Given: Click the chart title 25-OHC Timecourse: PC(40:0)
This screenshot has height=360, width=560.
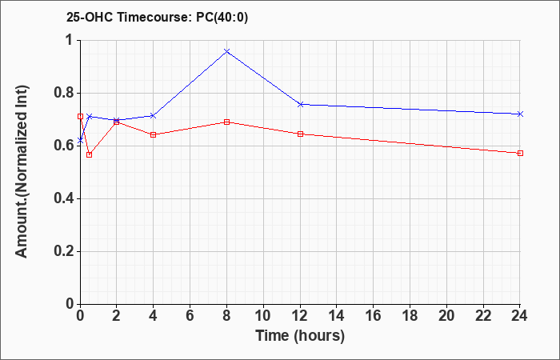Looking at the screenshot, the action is [x=157, y=18].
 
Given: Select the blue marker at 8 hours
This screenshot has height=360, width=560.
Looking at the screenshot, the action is [x=226, y=51].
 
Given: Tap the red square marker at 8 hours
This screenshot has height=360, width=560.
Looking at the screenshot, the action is [x=226, y=122].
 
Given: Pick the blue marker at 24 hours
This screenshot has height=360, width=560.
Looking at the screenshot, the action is [x=520, y=114].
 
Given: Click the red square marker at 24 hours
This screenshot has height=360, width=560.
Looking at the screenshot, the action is [x=520, y=154].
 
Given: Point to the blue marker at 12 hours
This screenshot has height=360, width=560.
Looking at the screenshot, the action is [x=300, y=104].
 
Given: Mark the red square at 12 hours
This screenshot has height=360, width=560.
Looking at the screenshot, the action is [x=300, y=134].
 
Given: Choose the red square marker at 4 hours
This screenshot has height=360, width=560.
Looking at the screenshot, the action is [x=154, y=134].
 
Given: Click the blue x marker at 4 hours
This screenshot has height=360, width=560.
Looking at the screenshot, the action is [x=154, y=116].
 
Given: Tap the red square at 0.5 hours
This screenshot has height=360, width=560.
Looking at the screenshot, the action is [x=90, y=154].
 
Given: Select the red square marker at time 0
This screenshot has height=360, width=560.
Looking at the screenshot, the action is [x=80, y=117].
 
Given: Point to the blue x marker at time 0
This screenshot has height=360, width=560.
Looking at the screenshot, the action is [x=80, y=141].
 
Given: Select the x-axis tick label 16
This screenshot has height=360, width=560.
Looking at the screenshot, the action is [x=374, y=316].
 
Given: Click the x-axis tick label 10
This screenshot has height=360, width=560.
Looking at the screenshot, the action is [x=263, y=316].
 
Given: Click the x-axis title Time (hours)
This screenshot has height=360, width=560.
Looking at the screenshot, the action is [x=300, y=336].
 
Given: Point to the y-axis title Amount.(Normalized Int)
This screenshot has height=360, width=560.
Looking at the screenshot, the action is [x=22, y=172].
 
